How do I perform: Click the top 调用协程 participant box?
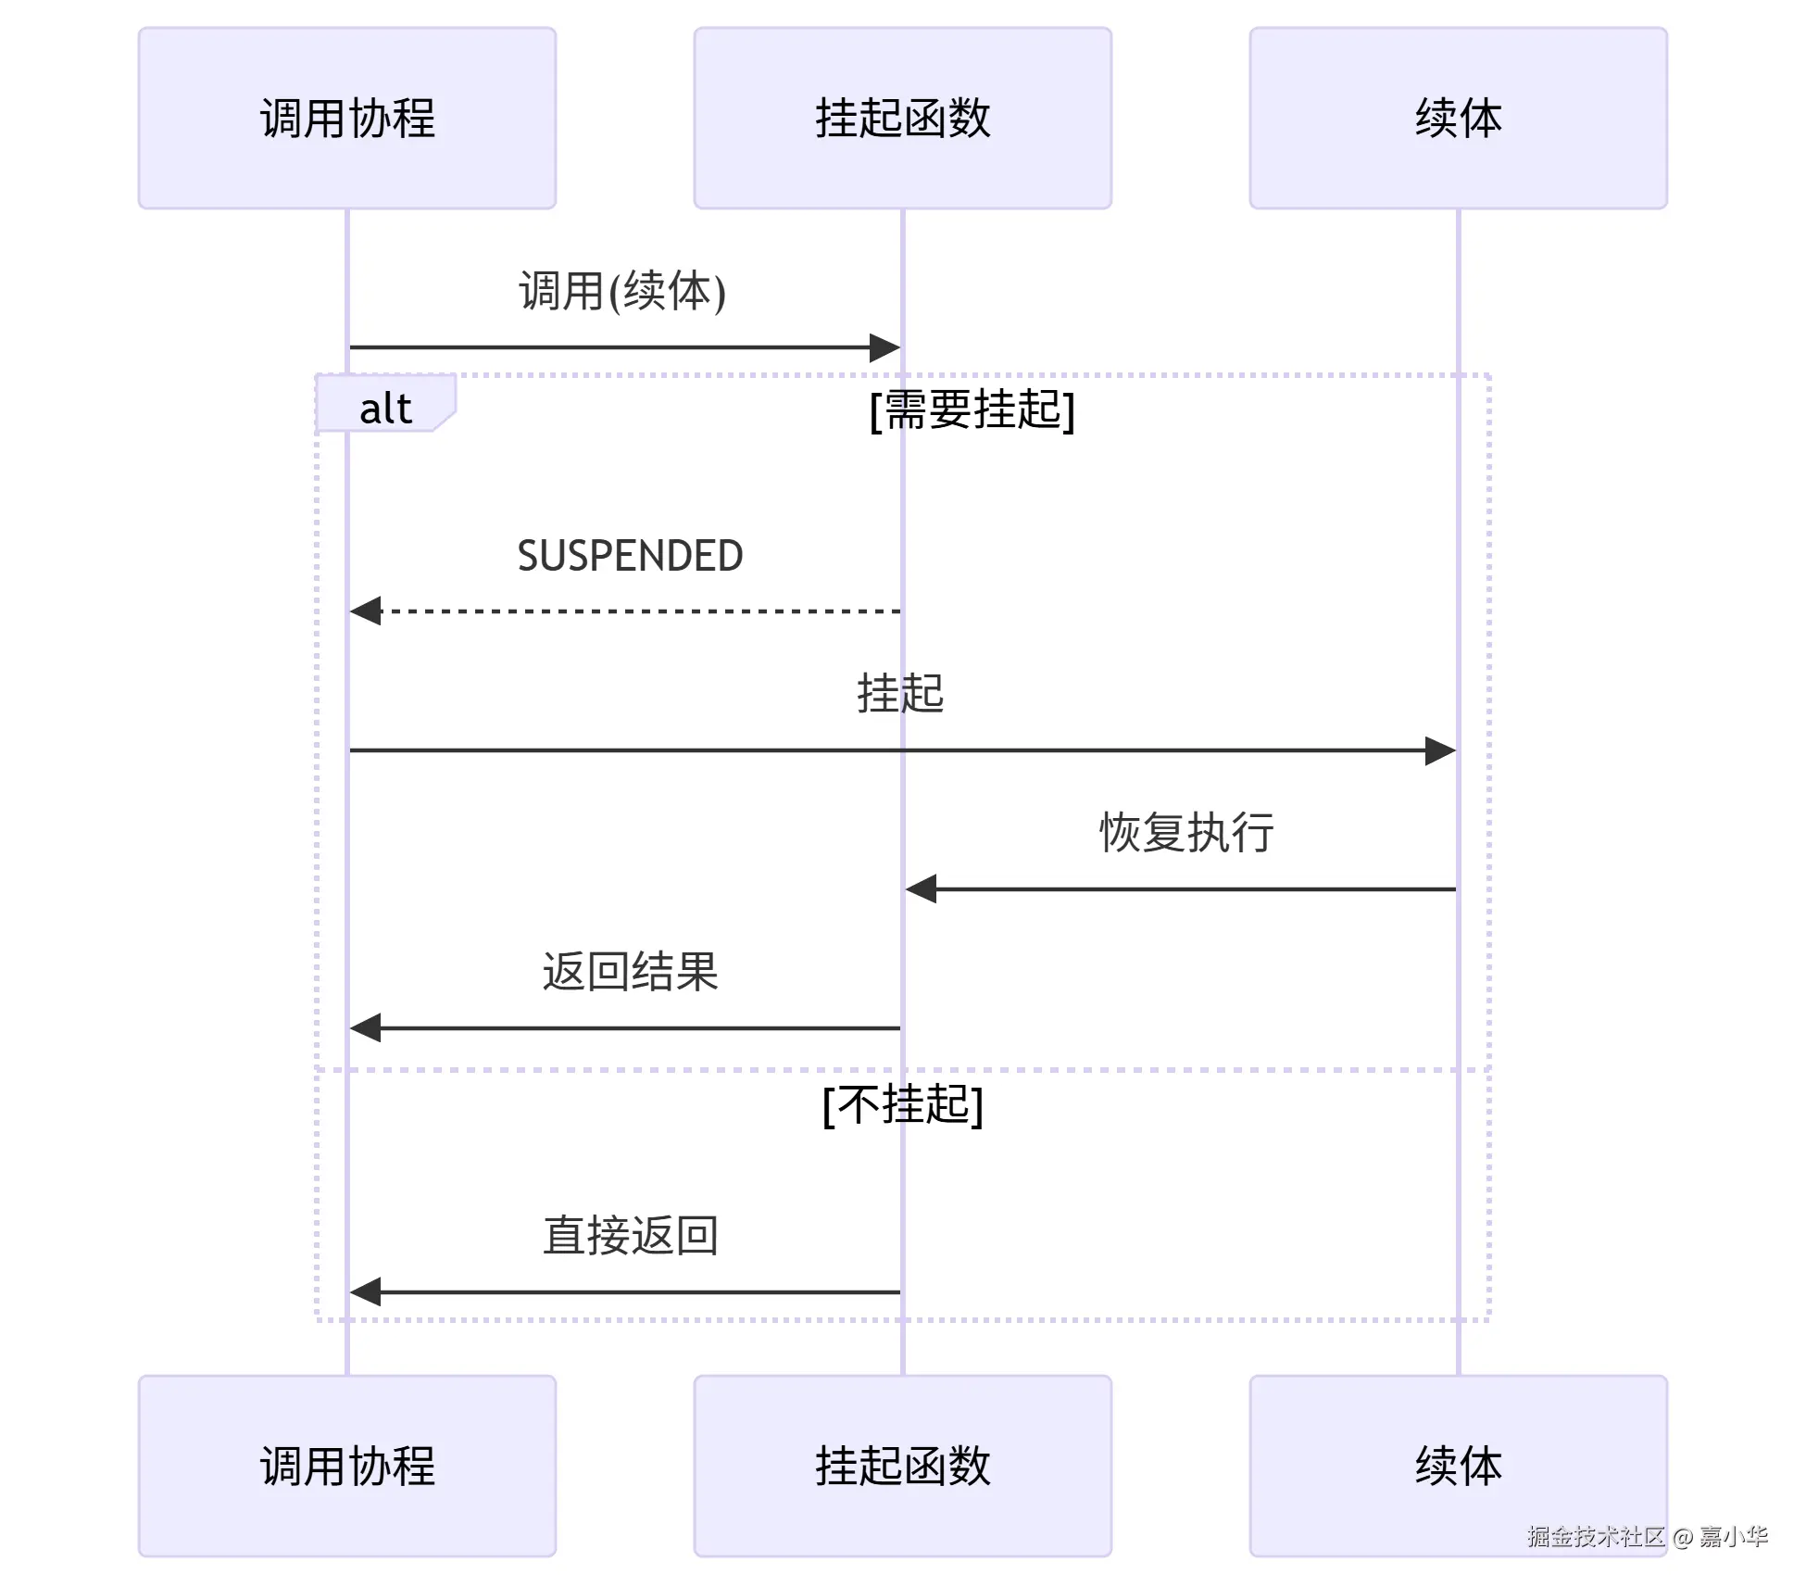(347, 118)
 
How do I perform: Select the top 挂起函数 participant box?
(902, 118)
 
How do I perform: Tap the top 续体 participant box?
(1458, 118)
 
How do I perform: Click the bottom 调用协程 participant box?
(347, 1466)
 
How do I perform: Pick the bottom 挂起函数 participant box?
(902, 1466)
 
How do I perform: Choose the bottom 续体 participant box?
(1458, 1466)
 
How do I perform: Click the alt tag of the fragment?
(385, 408)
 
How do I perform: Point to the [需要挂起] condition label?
(972, 409)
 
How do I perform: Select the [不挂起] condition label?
(902, 1104)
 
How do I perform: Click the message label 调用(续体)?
(621, 291)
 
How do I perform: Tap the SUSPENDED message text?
(630, 556)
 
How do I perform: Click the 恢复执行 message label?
(1185, 832)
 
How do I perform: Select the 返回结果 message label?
(630, 972)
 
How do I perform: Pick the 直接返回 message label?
(630, 1236)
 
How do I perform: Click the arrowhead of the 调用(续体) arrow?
(885, 348)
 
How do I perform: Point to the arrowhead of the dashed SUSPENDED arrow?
(365, 611)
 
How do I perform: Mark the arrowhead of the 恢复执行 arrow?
(921, 889)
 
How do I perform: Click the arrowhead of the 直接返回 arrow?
(365, 1291)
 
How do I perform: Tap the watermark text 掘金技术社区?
(1595, 1537)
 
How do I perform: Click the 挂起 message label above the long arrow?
(899, 693)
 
